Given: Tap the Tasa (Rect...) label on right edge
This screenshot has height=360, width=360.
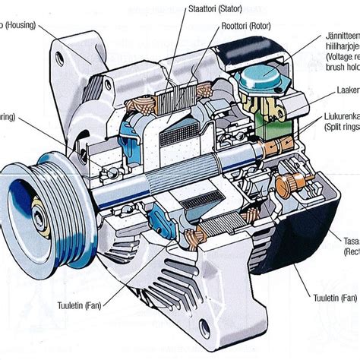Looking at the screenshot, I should [350, 245].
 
